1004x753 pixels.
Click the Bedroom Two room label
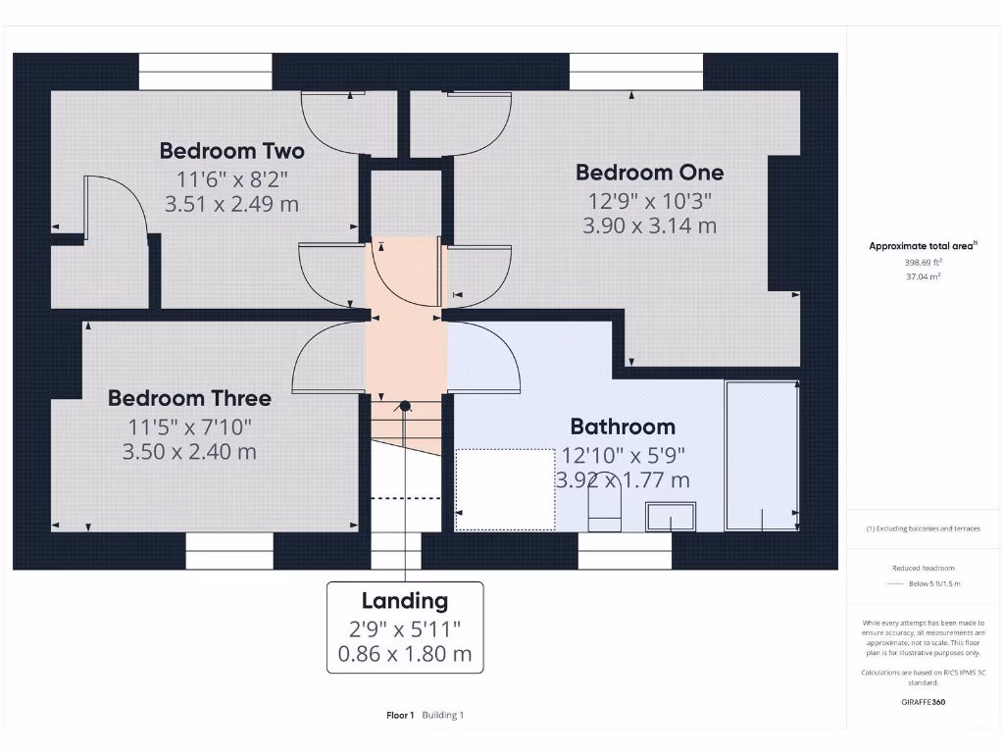231,151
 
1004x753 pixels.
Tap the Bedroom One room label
649,173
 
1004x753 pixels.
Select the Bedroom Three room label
189,398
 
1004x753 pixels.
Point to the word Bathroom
623,427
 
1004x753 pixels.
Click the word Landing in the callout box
404,601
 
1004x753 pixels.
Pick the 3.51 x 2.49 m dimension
231,204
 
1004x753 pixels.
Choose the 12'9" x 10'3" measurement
649,200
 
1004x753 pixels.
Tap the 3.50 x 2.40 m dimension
189,452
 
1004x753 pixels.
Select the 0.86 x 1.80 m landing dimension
404,654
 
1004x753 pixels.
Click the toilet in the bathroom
604,509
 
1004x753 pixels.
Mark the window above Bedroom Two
204,72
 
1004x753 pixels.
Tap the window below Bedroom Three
228,551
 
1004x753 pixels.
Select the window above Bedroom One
635,72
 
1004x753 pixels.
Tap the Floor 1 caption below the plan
400,715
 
